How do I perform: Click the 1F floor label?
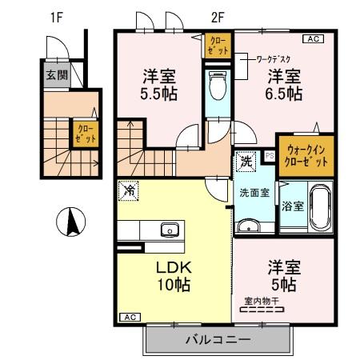tap(56, 15)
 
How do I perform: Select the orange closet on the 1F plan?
tap(85, 132)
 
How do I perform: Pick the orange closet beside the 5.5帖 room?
tap(216, 45)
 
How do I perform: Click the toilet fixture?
tap(216, 84)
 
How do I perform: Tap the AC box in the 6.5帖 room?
tap(313, 38)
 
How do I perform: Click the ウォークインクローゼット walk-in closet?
tap(304, 154)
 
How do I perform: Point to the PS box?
tap(270, 156)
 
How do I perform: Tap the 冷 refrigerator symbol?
tap(130, 191)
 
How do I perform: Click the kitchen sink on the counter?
tap(170, 230)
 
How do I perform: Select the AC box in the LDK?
tap(128, 318)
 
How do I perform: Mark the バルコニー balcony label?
tap(218, 339)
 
